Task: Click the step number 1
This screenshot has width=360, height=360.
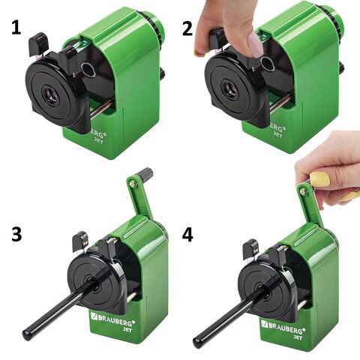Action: click(16, 28)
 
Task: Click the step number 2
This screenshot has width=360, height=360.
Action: click(187, 29)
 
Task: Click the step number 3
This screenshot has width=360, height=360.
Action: click(16, 235)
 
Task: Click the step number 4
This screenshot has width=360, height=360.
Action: click(187, 235)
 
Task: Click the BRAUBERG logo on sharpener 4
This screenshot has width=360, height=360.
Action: click(282, 326)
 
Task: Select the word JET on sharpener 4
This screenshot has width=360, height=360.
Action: click(298, 337)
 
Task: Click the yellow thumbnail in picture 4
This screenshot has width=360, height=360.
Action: click(319, 179)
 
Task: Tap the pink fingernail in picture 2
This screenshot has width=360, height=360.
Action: click(256, 44)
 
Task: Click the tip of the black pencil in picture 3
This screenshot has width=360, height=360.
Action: click(25, 334)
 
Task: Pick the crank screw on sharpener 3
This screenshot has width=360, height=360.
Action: click(132, 184)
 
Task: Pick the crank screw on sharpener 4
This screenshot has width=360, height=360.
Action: click(303, 191)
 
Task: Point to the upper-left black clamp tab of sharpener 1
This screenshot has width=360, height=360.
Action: click(37, 43)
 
